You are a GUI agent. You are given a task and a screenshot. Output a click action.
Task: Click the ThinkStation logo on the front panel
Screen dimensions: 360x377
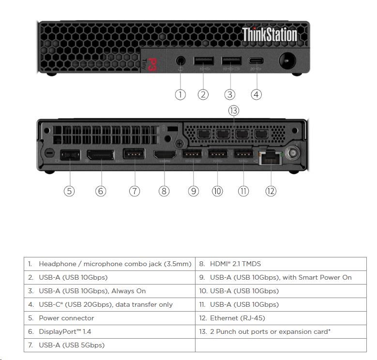pyautogui.click(x=269, y=35)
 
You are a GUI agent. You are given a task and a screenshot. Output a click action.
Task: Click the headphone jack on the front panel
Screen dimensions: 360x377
pyautogui.click(x=181, y=61)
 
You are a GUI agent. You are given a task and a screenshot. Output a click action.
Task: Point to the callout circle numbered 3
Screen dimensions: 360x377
pyautogui.click(x=230, y=94)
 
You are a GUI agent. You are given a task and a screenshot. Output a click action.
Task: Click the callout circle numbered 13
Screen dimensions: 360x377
pyautogui.click(x=234, y=111)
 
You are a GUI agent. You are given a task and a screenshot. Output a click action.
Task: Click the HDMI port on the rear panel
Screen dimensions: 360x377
pyautogui.click(x=164, y=155)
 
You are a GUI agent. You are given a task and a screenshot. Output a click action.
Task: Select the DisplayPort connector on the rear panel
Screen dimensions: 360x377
pyautogui.click(x=100, y=155)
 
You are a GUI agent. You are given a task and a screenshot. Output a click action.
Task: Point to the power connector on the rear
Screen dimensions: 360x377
pyautogui.click(x=70, y=156)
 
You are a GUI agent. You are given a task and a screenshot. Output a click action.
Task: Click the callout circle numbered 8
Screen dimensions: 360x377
pyautogui.click(x=164, y=191)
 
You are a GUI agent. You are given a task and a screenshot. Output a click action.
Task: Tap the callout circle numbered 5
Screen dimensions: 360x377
pyautogui.click(x=70, y=191)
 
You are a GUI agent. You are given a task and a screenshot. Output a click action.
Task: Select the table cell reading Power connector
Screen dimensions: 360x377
pyautogui.click(x=109, y=318)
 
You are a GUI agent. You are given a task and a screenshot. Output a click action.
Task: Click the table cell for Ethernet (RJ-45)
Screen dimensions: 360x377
pyautogui.click(x=281, y=318)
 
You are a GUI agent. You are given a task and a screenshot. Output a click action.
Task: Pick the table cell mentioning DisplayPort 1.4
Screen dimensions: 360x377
pyautogui.click(x=109, y=331)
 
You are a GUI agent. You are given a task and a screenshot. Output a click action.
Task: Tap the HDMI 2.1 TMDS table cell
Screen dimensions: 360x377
pyautogui.click(x=281, y=264)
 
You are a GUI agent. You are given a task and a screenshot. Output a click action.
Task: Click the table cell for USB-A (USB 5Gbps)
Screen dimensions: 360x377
pyautogui.click(x=109, y=345)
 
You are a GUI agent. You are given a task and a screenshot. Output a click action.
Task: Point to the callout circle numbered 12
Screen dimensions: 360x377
pyautogui.click(x=271, y=191)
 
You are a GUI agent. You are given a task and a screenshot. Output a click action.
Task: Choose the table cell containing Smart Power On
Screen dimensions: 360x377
pyautogui.click(x=281, y=277)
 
